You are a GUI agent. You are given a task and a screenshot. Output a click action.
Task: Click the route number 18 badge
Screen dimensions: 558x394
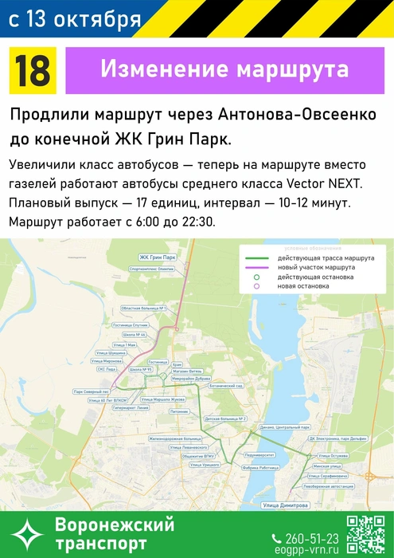32,70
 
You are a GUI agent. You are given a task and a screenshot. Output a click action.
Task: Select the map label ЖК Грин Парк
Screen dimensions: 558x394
157,258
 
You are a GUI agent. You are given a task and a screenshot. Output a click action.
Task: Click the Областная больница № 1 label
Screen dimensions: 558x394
142,308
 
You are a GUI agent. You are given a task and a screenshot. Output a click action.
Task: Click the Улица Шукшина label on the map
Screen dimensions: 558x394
110,352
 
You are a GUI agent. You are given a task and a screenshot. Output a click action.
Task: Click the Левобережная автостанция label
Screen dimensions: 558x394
328,484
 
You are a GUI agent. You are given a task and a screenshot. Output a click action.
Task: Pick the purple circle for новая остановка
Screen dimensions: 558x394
257,285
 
